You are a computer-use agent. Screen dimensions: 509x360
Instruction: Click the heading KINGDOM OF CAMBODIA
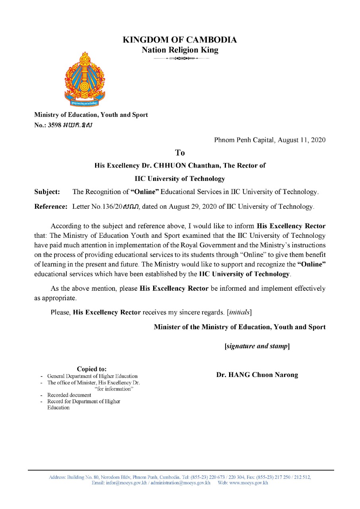180,40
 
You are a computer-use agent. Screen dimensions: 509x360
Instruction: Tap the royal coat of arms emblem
84,79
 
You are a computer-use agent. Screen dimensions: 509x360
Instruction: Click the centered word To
180,153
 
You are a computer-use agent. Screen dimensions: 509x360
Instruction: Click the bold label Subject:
47,192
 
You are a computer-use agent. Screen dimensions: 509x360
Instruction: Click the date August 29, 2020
194,207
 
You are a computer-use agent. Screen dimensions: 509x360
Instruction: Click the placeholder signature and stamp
257,346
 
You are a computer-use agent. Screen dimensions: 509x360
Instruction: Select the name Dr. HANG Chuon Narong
257,375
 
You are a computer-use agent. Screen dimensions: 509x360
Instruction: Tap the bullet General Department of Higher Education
92,376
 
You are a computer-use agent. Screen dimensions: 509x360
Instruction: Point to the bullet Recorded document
69,395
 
